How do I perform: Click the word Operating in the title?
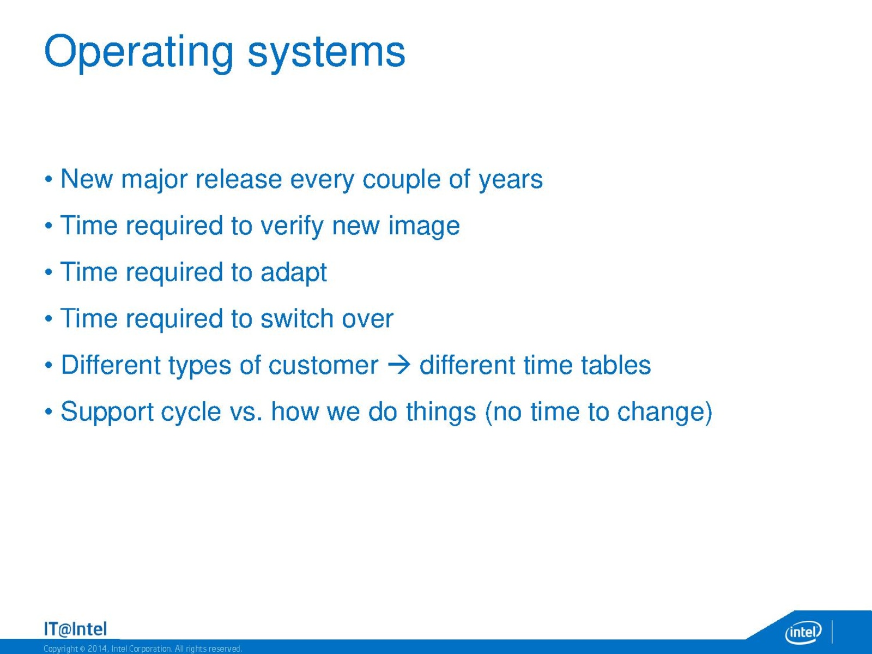click(138, 53)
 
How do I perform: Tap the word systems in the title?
click(326, 53)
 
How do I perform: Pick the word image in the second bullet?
click(424, 227)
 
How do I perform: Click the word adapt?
click(294, 273)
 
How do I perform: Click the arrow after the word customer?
click(399, 365)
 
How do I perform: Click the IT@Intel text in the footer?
click(75, 629)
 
